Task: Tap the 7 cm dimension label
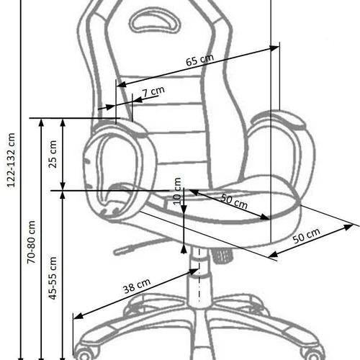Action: tap(153, 91)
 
